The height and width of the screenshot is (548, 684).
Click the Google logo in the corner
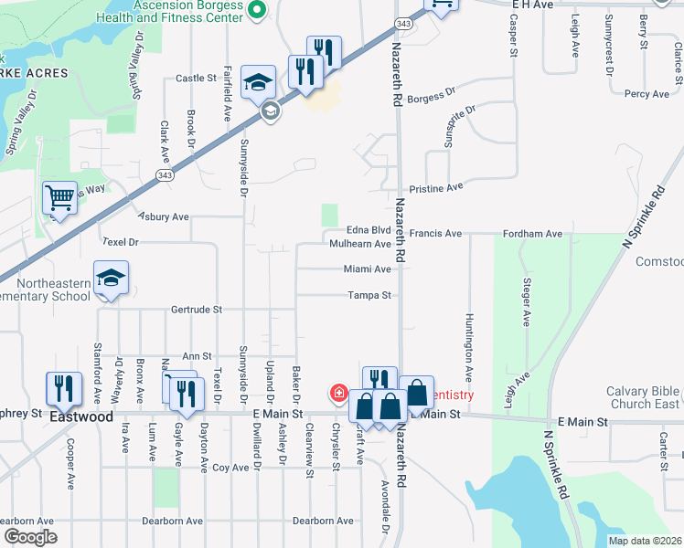click(29, 537)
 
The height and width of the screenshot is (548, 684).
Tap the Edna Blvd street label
click(369, 231)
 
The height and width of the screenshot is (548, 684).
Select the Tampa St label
click(369, 295)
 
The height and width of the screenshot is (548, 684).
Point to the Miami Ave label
click(368, 269)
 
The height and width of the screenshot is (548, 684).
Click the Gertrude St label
click(196, 310)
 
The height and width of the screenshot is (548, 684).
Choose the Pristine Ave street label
click(436, 187)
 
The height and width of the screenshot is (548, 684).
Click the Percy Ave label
click(647, 94)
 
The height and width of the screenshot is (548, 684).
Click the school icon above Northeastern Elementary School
click(111, 279)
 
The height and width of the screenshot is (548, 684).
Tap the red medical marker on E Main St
click(339, 393)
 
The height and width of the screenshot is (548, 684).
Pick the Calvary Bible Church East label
click(644, 397)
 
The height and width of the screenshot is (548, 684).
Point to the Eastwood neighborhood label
click(81, 416)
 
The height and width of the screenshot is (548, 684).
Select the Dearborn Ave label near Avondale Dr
click(323, 521)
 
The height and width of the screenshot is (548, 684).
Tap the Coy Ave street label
click(230, 468)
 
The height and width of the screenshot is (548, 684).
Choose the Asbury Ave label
click(164, 216)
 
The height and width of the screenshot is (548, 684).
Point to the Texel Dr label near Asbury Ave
click(120, 242)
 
